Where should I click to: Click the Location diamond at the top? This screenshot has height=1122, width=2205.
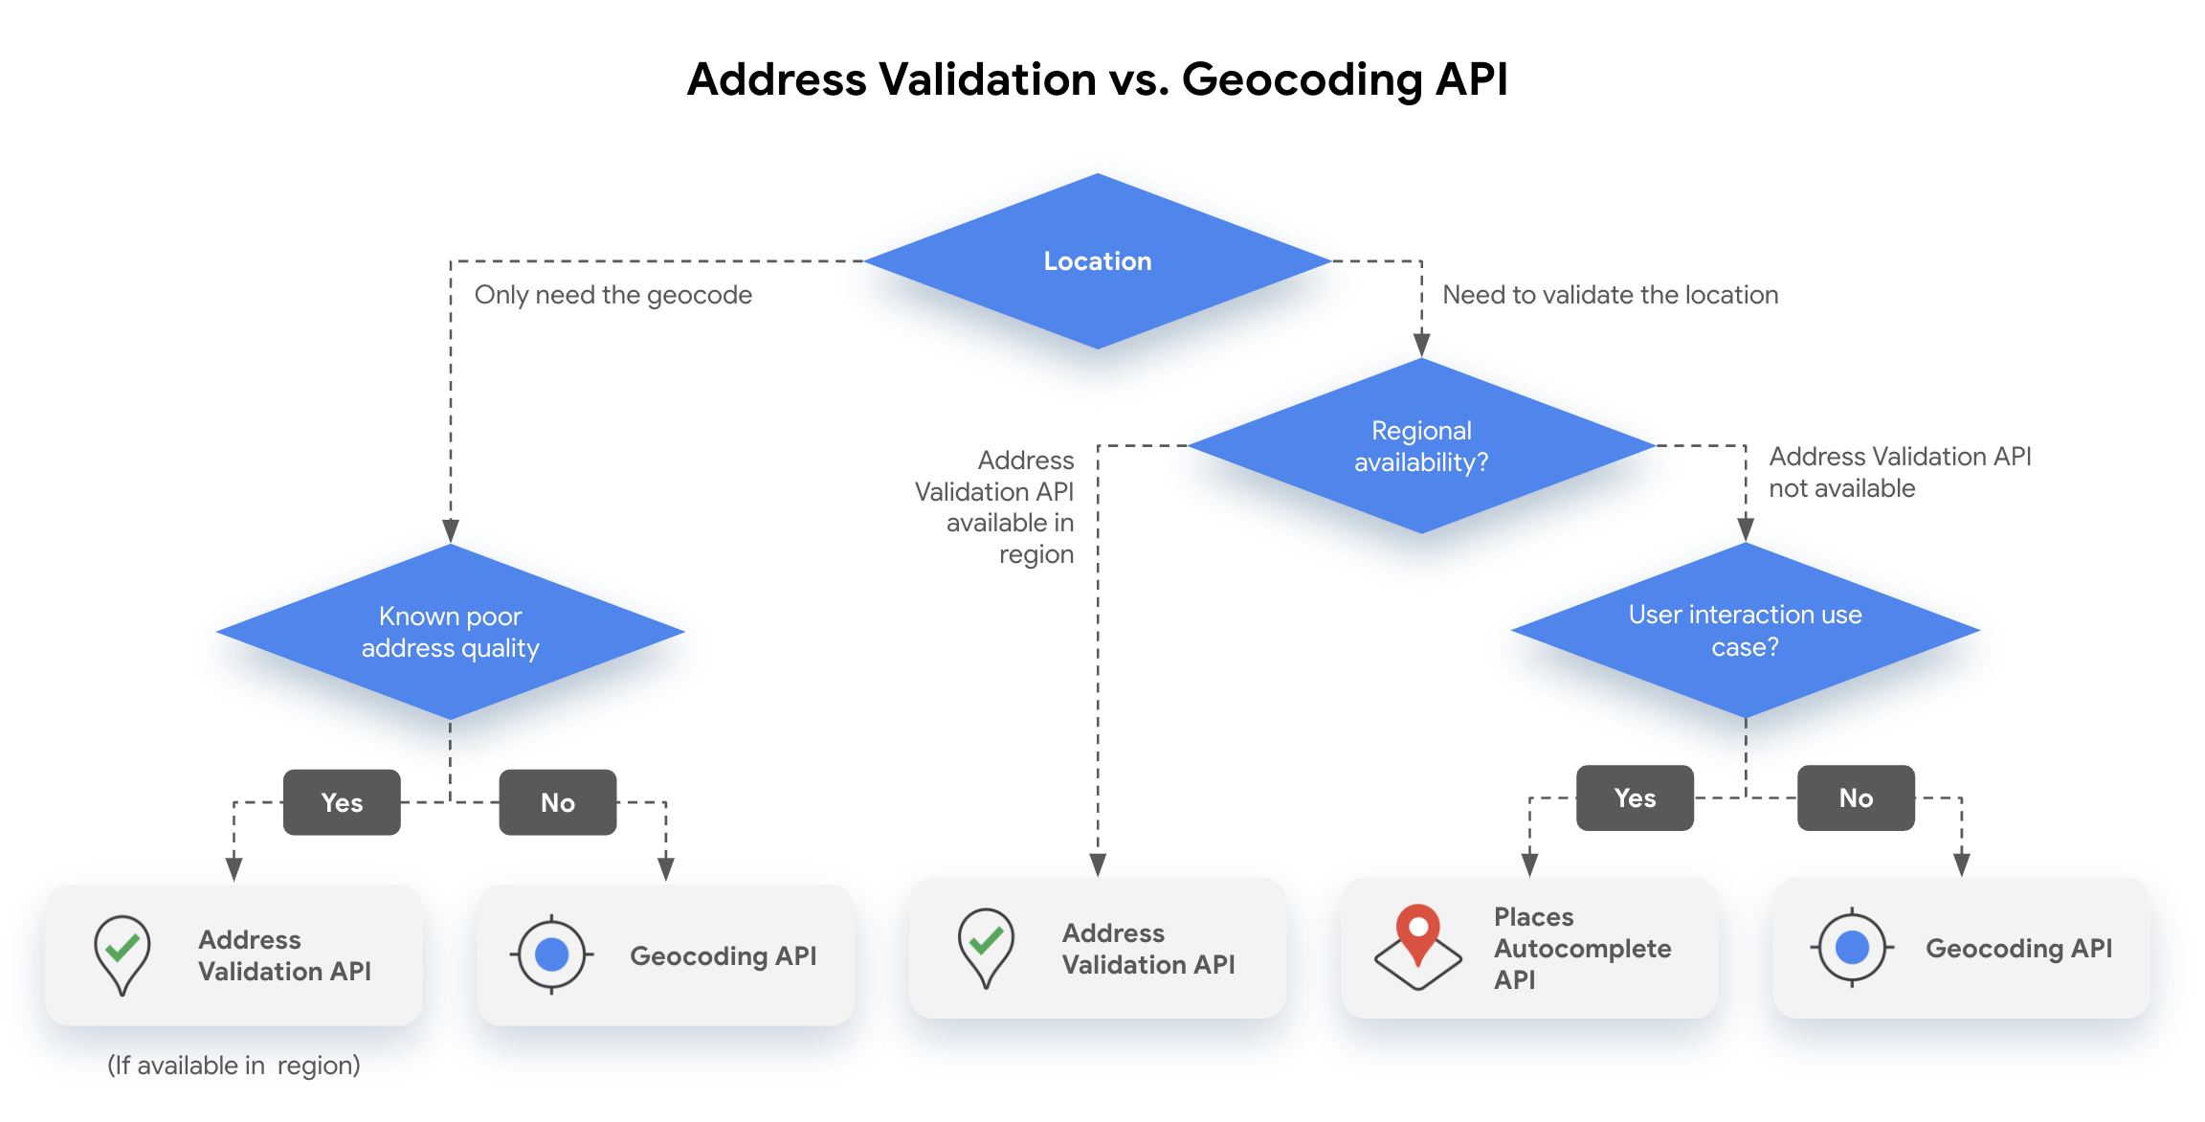1097,260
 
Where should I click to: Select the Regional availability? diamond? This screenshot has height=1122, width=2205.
1421,446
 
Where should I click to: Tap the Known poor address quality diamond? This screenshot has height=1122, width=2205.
450,632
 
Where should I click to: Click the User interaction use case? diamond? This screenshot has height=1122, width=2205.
1745,630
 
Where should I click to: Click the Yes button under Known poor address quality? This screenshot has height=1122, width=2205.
342,802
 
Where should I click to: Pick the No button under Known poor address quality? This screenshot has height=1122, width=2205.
558,802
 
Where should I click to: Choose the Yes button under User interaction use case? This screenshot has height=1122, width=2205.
1635,797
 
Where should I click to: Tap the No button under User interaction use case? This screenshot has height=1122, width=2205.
1856,797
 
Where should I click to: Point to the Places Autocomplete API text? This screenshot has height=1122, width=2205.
1582,948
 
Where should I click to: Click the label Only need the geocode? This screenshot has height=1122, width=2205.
612,295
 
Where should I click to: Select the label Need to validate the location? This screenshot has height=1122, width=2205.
1610,295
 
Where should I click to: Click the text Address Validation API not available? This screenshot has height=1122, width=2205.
1899,472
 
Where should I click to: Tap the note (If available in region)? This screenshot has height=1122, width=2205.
234,1065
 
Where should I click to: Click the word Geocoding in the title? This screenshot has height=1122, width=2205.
1302,80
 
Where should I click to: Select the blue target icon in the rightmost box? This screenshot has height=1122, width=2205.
1852,948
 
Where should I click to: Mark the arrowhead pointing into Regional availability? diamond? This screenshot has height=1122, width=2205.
1421,345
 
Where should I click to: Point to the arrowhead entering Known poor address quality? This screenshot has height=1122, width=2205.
451,530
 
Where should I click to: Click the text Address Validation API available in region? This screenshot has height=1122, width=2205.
995,507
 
